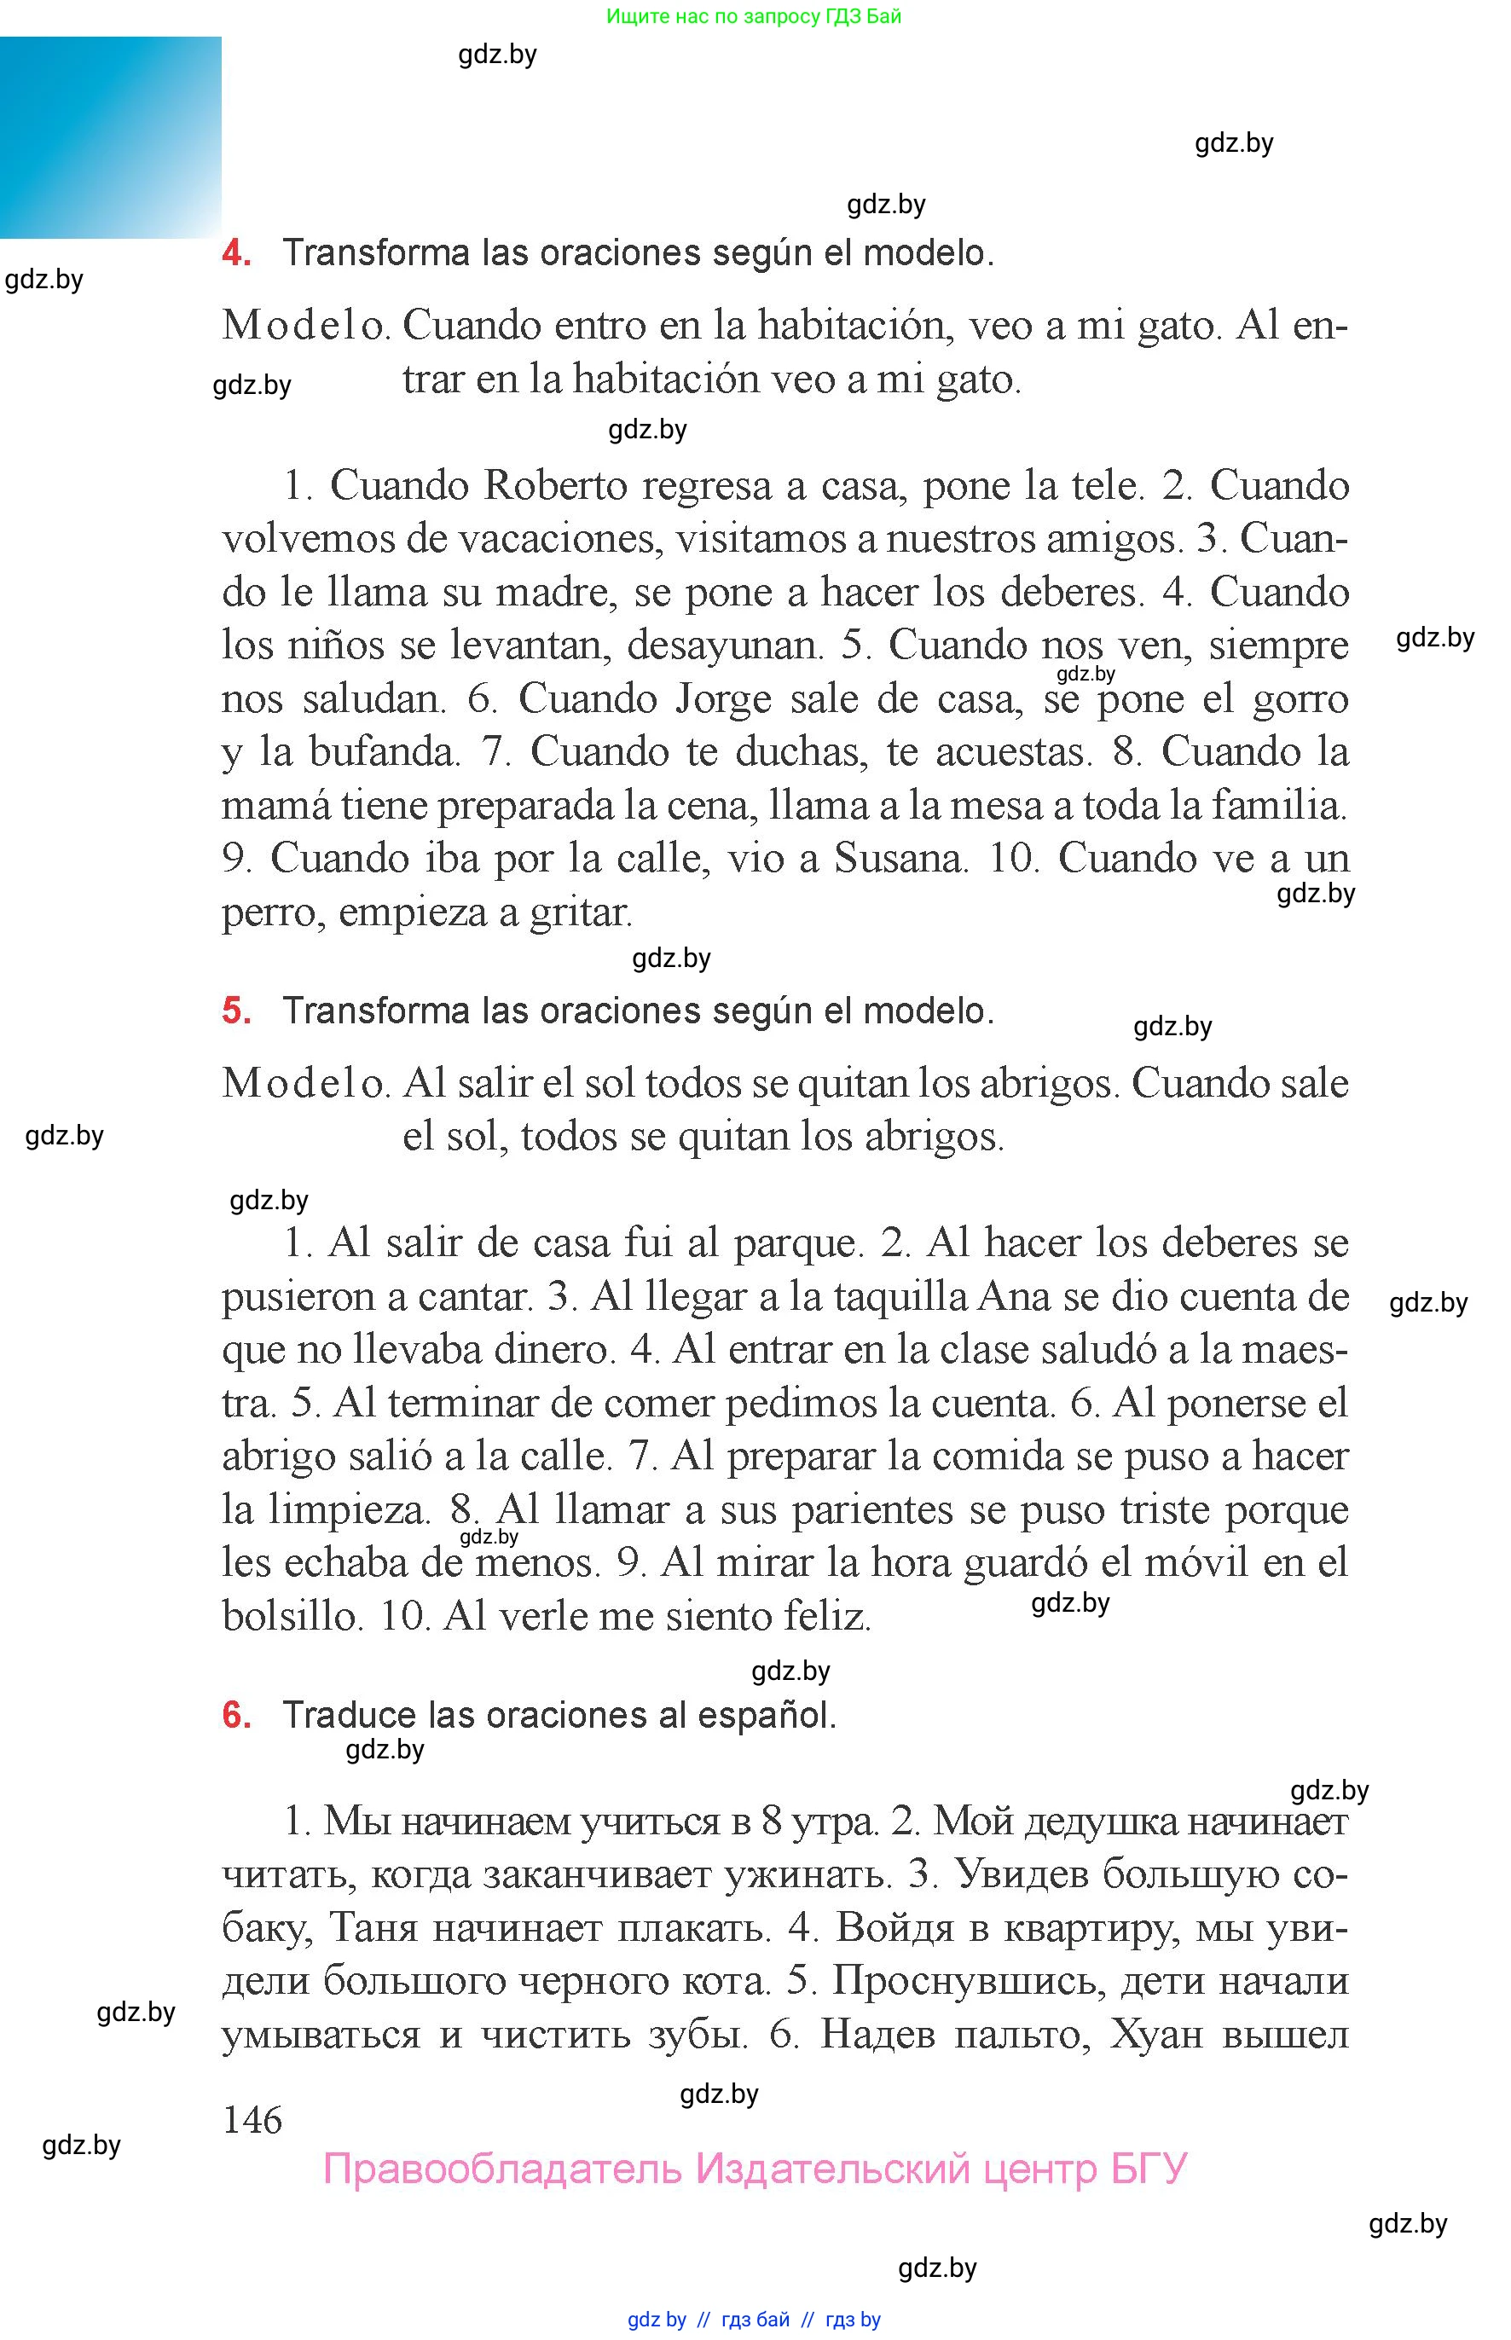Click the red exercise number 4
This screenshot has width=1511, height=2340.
235,253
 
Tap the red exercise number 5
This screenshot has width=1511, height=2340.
235,1011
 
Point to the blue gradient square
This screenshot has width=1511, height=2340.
110,137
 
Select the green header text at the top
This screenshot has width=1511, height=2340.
754,15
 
